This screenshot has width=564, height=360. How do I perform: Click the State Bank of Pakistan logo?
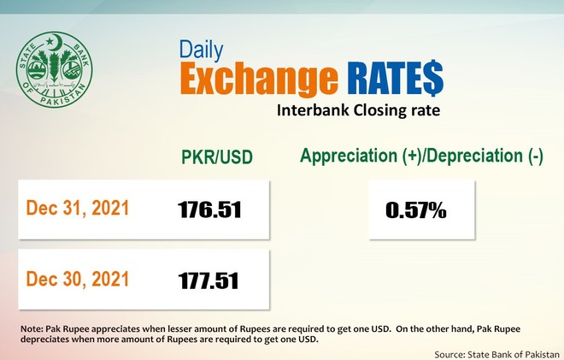pyautogui.click(x=54, y=69)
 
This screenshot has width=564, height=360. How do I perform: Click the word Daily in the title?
pyautogui.click(x=202, y=50)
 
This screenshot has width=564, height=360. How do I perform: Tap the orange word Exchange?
pyautogui.click(x=259, y=79)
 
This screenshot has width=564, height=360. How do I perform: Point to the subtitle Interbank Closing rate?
pyautogui.click(x=358, y=110)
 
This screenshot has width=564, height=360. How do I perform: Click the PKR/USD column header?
pyautogui.click(x=217, y=157)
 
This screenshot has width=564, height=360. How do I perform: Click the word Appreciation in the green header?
pyautogui.click(x=349, y=156)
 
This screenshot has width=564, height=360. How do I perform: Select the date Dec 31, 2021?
pyautogui.click(x=77, y=208)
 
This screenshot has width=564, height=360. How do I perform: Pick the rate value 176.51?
pyautogui.click(x=209, y=210)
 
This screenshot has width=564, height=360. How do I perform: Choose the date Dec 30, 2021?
pyautogui.click(x=77, y=279)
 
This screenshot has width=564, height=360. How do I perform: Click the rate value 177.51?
pyautogui.click(x=209, y=280)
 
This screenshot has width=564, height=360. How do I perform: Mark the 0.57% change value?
pyautogui.click(x=416, y=210)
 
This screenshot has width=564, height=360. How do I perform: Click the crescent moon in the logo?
pyautogui.click(x=56, y=42)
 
